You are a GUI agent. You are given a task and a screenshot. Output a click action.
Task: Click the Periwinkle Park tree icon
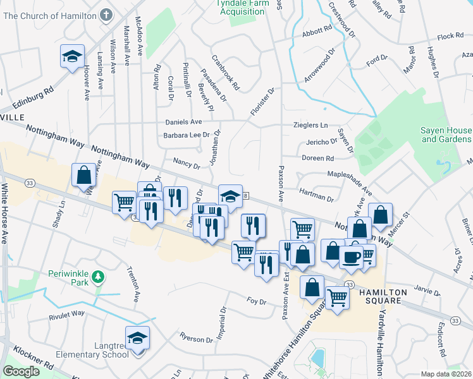point(97,277)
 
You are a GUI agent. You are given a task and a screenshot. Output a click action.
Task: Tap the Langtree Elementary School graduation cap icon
point(138,339)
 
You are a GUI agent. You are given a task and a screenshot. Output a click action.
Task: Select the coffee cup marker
point(351,257)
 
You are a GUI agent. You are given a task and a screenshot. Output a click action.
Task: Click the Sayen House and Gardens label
point(446,135)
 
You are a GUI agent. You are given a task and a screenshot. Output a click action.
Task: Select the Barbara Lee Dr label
point(187,135)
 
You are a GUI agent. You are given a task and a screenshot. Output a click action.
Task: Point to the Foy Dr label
point(257,302)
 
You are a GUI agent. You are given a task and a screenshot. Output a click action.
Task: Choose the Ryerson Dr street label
point(197,339)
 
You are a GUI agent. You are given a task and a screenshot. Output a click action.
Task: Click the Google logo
point(21,371)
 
